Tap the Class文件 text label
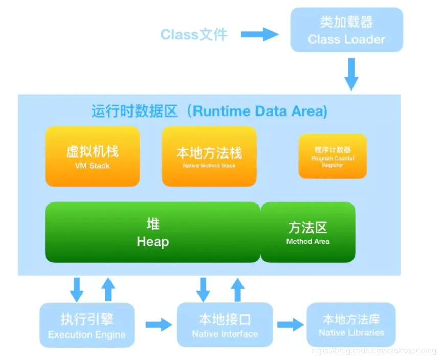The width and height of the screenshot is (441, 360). [193, 34]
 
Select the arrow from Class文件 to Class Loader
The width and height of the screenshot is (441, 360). [259, 34]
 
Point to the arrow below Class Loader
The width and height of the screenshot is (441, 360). [351, 73]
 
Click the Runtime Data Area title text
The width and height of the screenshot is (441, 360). [209, 111]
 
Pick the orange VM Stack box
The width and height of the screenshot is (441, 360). [92, 156]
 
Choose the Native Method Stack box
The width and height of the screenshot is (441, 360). [209, 156]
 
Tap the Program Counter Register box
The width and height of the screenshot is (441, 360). [333, 156]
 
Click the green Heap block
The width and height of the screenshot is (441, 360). [152, 233]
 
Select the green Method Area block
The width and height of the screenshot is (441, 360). [308, 233]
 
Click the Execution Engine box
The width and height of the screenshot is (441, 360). [86, 326]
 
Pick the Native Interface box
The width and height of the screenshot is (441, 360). [225, 325]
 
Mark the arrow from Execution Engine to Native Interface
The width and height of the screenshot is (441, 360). [159, 324]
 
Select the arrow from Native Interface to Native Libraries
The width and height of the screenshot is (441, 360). [290, 324]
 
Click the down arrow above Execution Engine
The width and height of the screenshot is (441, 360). [77, 289]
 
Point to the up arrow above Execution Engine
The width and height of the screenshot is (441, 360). [108, 289]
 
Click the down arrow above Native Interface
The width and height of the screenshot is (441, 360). [204, 289]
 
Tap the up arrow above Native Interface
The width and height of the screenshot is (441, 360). [236, 289]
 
